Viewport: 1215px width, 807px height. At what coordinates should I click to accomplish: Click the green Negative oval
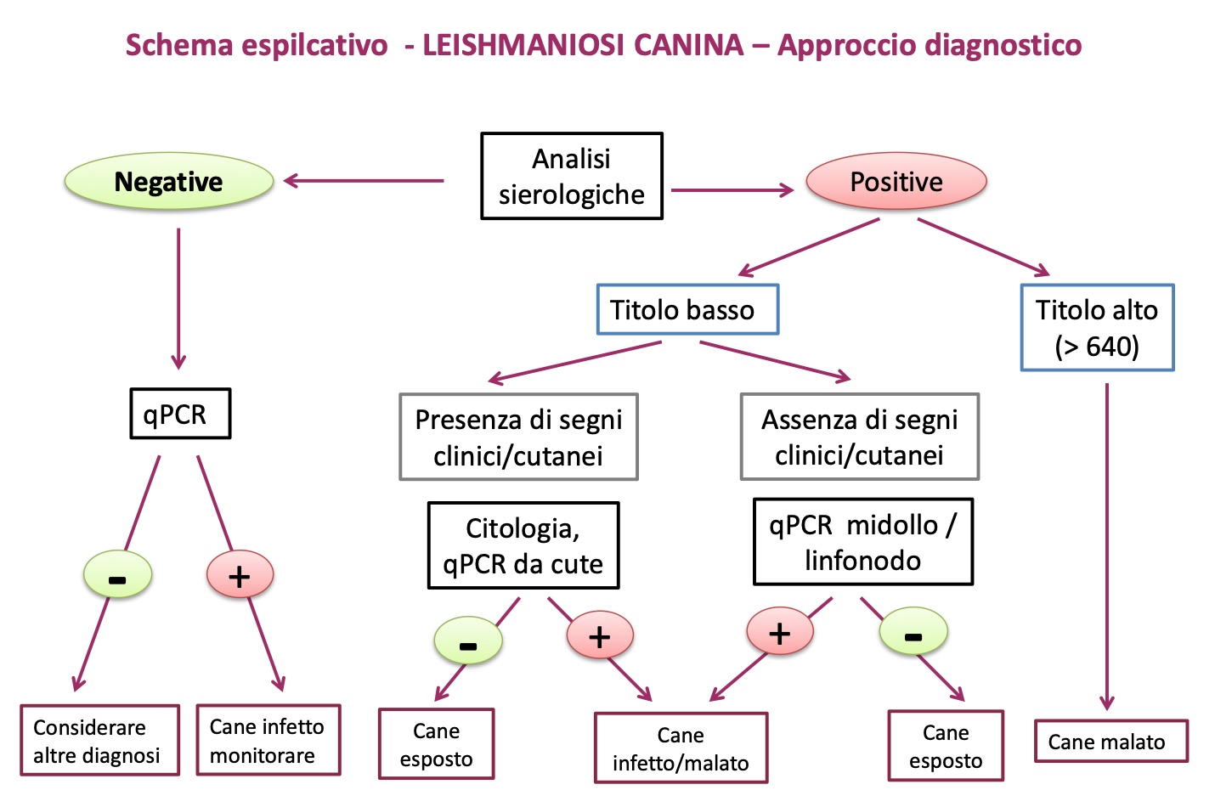[x=168, y=182]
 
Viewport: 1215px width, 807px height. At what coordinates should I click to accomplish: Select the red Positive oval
[x=896, y=182]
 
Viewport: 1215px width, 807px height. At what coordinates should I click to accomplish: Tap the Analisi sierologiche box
[x=571, y=177]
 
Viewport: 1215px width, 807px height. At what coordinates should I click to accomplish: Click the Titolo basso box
[x=687, y=310]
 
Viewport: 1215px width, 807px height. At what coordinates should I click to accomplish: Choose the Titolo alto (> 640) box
[x=1097, y=328]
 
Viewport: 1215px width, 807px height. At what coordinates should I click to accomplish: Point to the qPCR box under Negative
[x=180, y=414]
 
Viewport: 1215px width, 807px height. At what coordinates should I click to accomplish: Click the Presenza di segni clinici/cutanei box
[x=518, y=437]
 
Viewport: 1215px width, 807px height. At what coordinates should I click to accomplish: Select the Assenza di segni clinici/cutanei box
[x=859, y=437]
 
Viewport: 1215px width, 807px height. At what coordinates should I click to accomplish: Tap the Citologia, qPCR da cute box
[x=523, y=545]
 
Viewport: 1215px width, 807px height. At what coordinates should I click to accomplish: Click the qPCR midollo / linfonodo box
[x=862, y=542]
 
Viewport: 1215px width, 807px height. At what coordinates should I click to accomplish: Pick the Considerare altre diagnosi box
[x=99, y=741]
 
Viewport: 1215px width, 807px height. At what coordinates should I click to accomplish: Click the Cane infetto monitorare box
[x=268, y=741]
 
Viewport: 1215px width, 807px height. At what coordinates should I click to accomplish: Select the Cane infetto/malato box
[x=681, y=748]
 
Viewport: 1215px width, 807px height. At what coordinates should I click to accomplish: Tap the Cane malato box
[x=1110, y=742]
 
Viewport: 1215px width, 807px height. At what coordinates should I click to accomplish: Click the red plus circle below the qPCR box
[x=240, y=575]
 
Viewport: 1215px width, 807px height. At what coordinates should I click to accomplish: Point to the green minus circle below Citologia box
[x=468, y=642]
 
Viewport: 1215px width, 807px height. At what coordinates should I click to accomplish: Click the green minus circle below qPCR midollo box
[x=913, y=633]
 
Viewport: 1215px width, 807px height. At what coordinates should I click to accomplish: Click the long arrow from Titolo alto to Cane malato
[x=1106, y=544]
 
